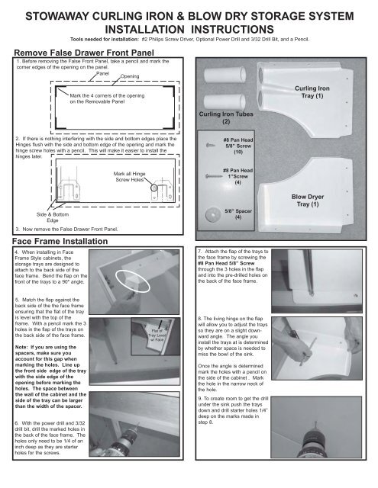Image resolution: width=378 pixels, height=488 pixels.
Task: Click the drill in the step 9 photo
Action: coord(332,450)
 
